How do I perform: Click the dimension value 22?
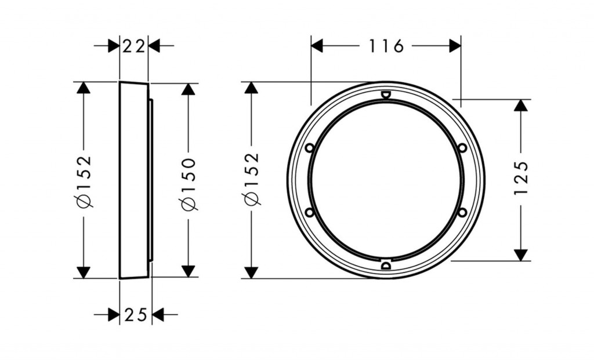(134, 46)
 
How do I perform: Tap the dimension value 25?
(136, 315)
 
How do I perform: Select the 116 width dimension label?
(386, 46)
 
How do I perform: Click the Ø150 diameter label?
(189, 184)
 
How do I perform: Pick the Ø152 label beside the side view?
(84, 181)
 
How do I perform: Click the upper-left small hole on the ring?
(310, 148)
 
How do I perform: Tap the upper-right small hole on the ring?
(462, 148)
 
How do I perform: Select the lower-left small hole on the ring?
(310, 213)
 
